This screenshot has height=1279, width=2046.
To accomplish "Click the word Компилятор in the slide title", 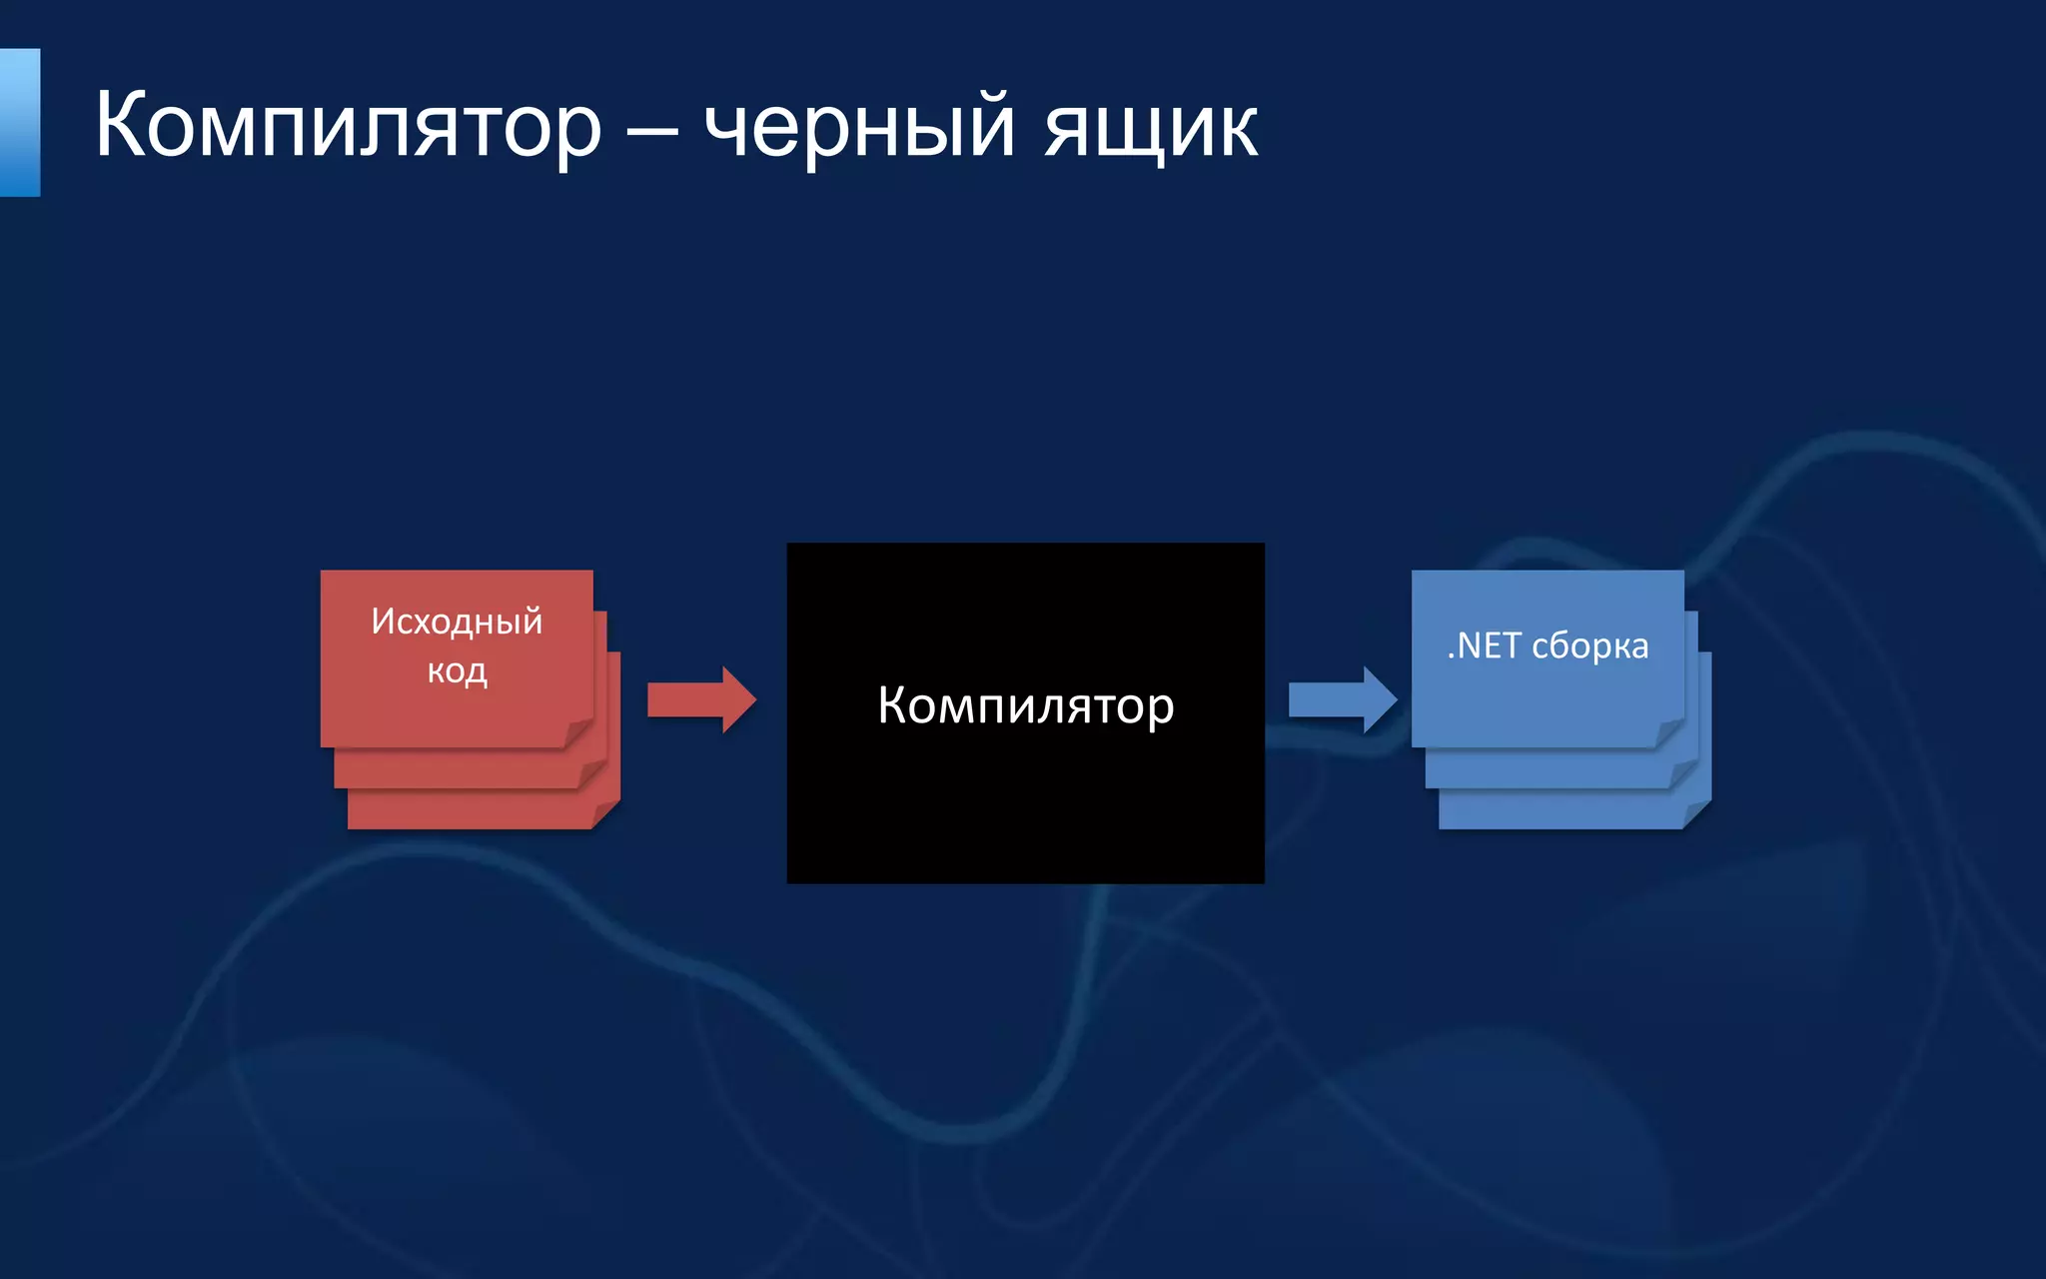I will click(348, 126).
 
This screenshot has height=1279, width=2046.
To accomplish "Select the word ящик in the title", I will click(1151, 128).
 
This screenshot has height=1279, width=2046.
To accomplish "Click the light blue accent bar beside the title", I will click(20, 122).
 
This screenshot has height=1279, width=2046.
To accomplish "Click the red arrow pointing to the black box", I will click(700, 699).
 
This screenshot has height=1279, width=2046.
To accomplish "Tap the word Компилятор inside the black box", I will click(1025, 705).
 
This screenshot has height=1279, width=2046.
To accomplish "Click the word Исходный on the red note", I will click(457, 622).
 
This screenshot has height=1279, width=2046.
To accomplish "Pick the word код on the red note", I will click(457, 669).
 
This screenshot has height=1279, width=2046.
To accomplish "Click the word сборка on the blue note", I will click(1589, 646).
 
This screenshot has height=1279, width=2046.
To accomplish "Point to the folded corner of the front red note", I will click(579, 733).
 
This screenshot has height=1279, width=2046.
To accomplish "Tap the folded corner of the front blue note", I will click(1670, 733).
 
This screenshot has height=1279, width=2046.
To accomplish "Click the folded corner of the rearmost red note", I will click(606, 814).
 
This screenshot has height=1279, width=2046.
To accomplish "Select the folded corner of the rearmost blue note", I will click(1697, 814).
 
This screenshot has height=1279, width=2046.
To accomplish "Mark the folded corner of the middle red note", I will click(593, 773).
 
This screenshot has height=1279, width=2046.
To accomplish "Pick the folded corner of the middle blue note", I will click(1684, 773).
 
